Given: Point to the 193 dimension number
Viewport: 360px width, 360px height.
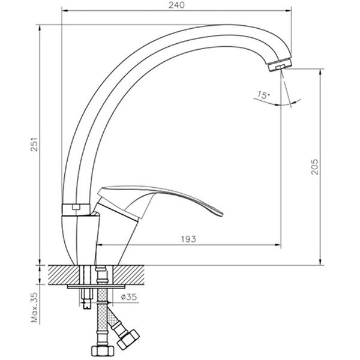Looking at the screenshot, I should pos(190,239).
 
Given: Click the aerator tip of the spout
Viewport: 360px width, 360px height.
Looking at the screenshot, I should pos(278,65).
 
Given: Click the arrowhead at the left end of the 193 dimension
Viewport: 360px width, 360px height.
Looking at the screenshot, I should pos(100,245).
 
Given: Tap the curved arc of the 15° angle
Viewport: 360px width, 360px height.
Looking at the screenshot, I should pos(282,105).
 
